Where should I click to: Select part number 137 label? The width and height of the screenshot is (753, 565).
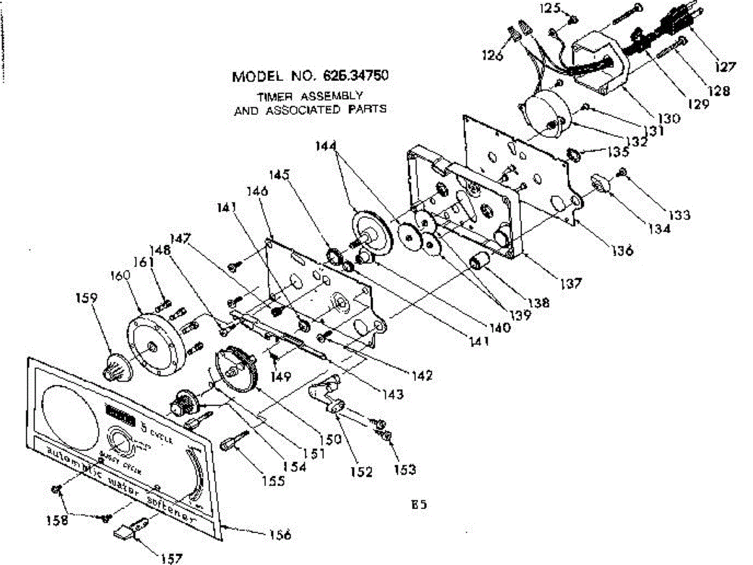point(571,283)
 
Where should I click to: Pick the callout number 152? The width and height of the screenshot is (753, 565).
point(362,471)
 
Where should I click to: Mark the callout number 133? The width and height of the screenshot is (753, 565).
point(679,215)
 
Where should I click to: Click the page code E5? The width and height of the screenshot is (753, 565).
point(420,503)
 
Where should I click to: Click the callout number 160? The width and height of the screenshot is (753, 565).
point(120,276)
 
